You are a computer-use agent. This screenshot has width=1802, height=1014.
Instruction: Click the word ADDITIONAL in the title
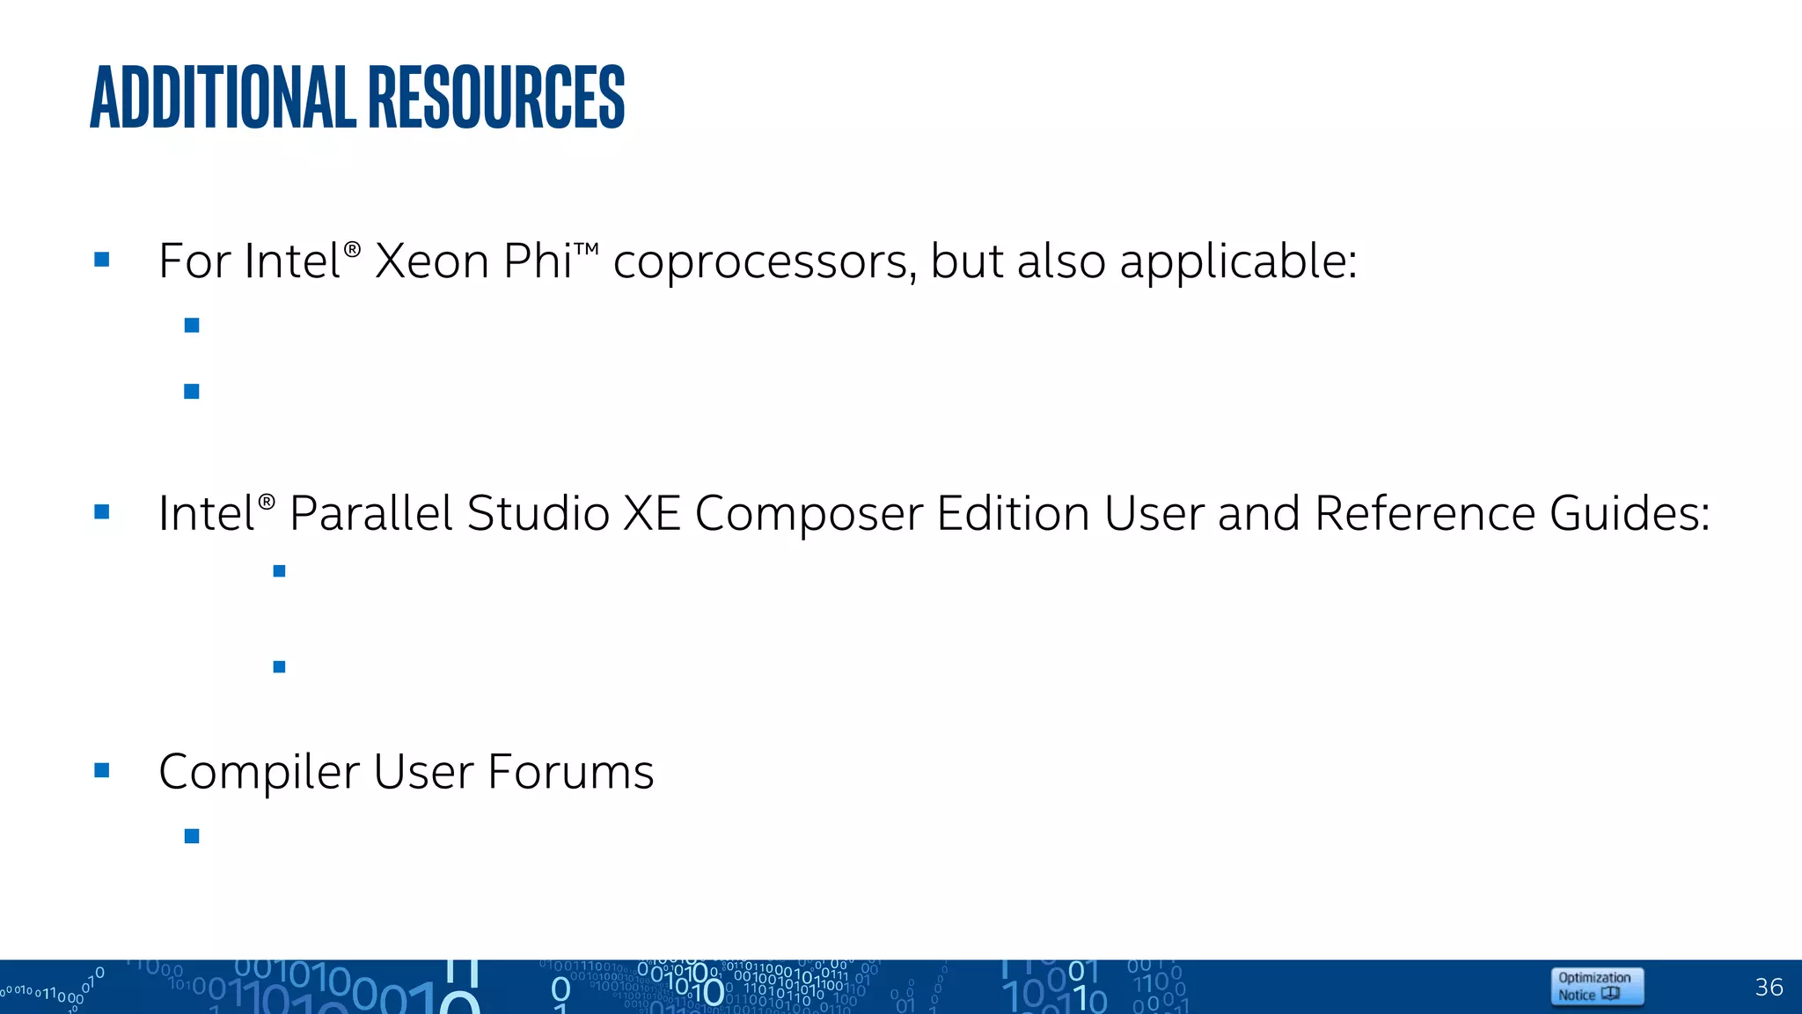(x=223, y=97)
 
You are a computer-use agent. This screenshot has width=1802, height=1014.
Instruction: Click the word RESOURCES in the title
(x=496, y=97)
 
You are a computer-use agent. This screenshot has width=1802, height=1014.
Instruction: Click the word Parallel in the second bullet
(x=370, y=513)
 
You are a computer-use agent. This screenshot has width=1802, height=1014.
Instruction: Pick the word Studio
(x=538, y=513)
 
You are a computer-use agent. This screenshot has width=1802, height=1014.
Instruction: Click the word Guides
(x=1629, y=513)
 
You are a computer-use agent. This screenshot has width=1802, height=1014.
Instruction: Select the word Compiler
(x=259, y=773)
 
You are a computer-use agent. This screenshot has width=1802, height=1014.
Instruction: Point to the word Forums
(x=570, y=772)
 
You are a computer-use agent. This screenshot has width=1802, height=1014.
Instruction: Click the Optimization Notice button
(x=1596, y=986)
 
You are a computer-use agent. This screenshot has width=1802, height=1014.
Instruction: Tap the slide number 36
(x=1769, y=987)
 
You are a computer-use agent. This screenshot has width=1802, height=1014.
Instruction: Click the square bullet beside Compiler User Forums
(x=102, y=771)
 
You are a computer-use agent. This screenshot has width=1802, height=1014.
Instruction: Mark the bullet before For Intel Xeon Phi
(x=102, y=260)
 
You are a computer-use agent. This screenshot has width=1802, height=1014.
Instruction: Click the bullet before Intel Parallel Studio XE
(x=102, y=511)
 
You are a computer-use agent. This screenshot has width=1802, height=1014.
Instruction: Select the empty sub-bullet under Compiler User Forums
(x=192, y=836)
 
